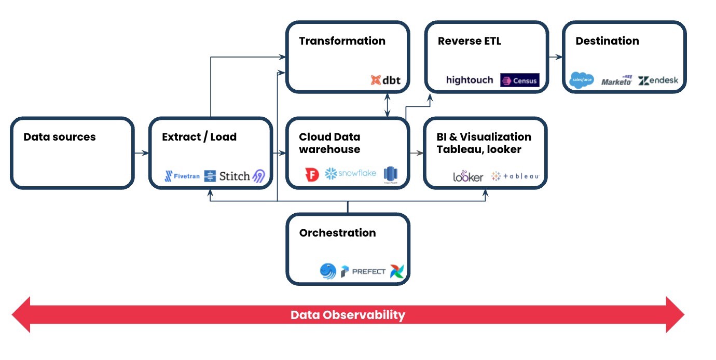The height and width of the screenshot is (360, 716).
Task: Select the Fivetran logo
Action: pyautogui.click(x=182, y=176)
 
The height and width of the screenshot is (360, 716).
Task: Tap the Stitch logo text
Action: pyautogui.click(x=235, y=176)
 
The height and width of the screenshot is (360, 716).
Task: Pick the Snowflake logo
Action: pyautogui.click(x=350, y=174)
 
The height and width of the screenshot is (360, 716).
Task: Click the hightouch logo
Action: pyautogui.click(x=470, y=80)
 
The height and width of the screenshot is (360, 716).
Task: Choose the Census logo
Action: pyautogui.click(x=519, y=80)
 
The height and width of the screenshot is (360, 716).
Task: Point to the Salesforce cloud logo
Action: pyautogui.click(x=581, y=80)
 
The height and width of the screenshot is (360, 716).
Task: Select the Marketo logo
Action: pyautogui.click(x=617, y=80)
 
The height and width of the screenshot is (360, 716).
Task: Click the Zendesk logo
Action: pyautogui.click(x=658, y=80)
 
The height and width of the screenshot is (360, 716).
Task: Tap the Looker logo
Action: pyautogui.click(x=468, y=176)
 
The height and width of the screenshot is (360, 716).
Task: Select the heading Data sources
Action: pyautogui.click(x=60, y=137)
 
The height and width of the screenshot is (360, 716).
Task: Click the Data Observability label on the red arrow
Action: pyautogui.click(x=348, y=315)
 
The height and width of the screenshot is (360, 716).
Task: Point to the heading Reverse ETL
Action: pyautogui.click(x=470, y=41)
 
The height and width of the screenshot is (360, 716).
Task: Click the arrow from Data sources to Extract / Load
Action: pyautogui.click(x=141, y=153)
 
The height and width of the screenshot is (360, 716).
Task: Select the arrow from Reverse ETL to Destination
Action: pyautogui.click(x=555, y=57)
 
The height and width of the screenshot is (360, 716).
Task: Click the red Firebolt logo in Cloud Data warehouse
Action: pyautogui.click(x=312, y=175)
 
